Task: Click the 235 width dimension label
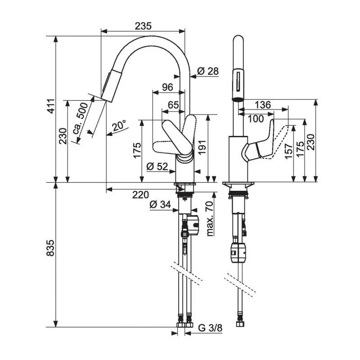143,26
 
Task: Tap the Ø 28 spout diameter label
207,71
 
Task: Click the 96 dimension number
167,88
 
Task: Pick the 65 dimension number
173,104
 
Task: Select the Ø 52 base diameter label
157,167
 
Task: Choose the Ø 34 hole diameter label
160,205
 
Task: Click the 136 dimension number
263,104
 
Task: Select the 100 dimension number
255,119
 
